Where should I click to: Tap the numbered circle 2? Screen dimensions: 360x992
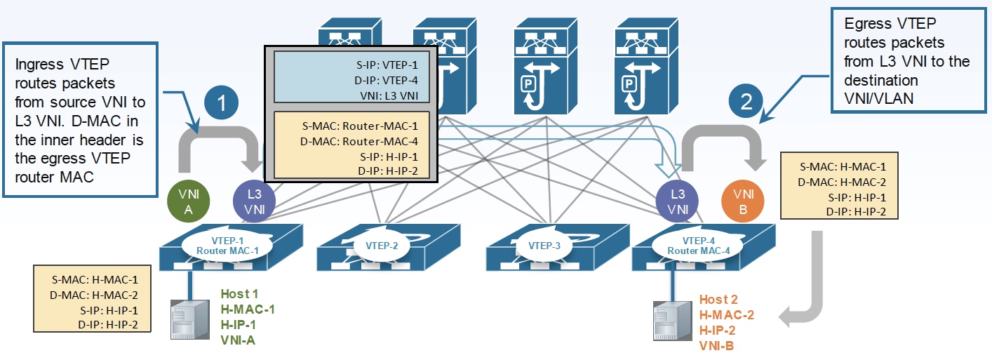746,103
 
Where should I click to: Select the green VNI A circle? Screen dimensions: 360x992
188,200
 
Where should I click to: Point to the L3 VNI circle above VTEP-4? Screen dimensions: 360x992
677,200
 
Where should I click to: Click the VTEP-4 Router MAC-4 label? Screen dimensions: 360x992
695,246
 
